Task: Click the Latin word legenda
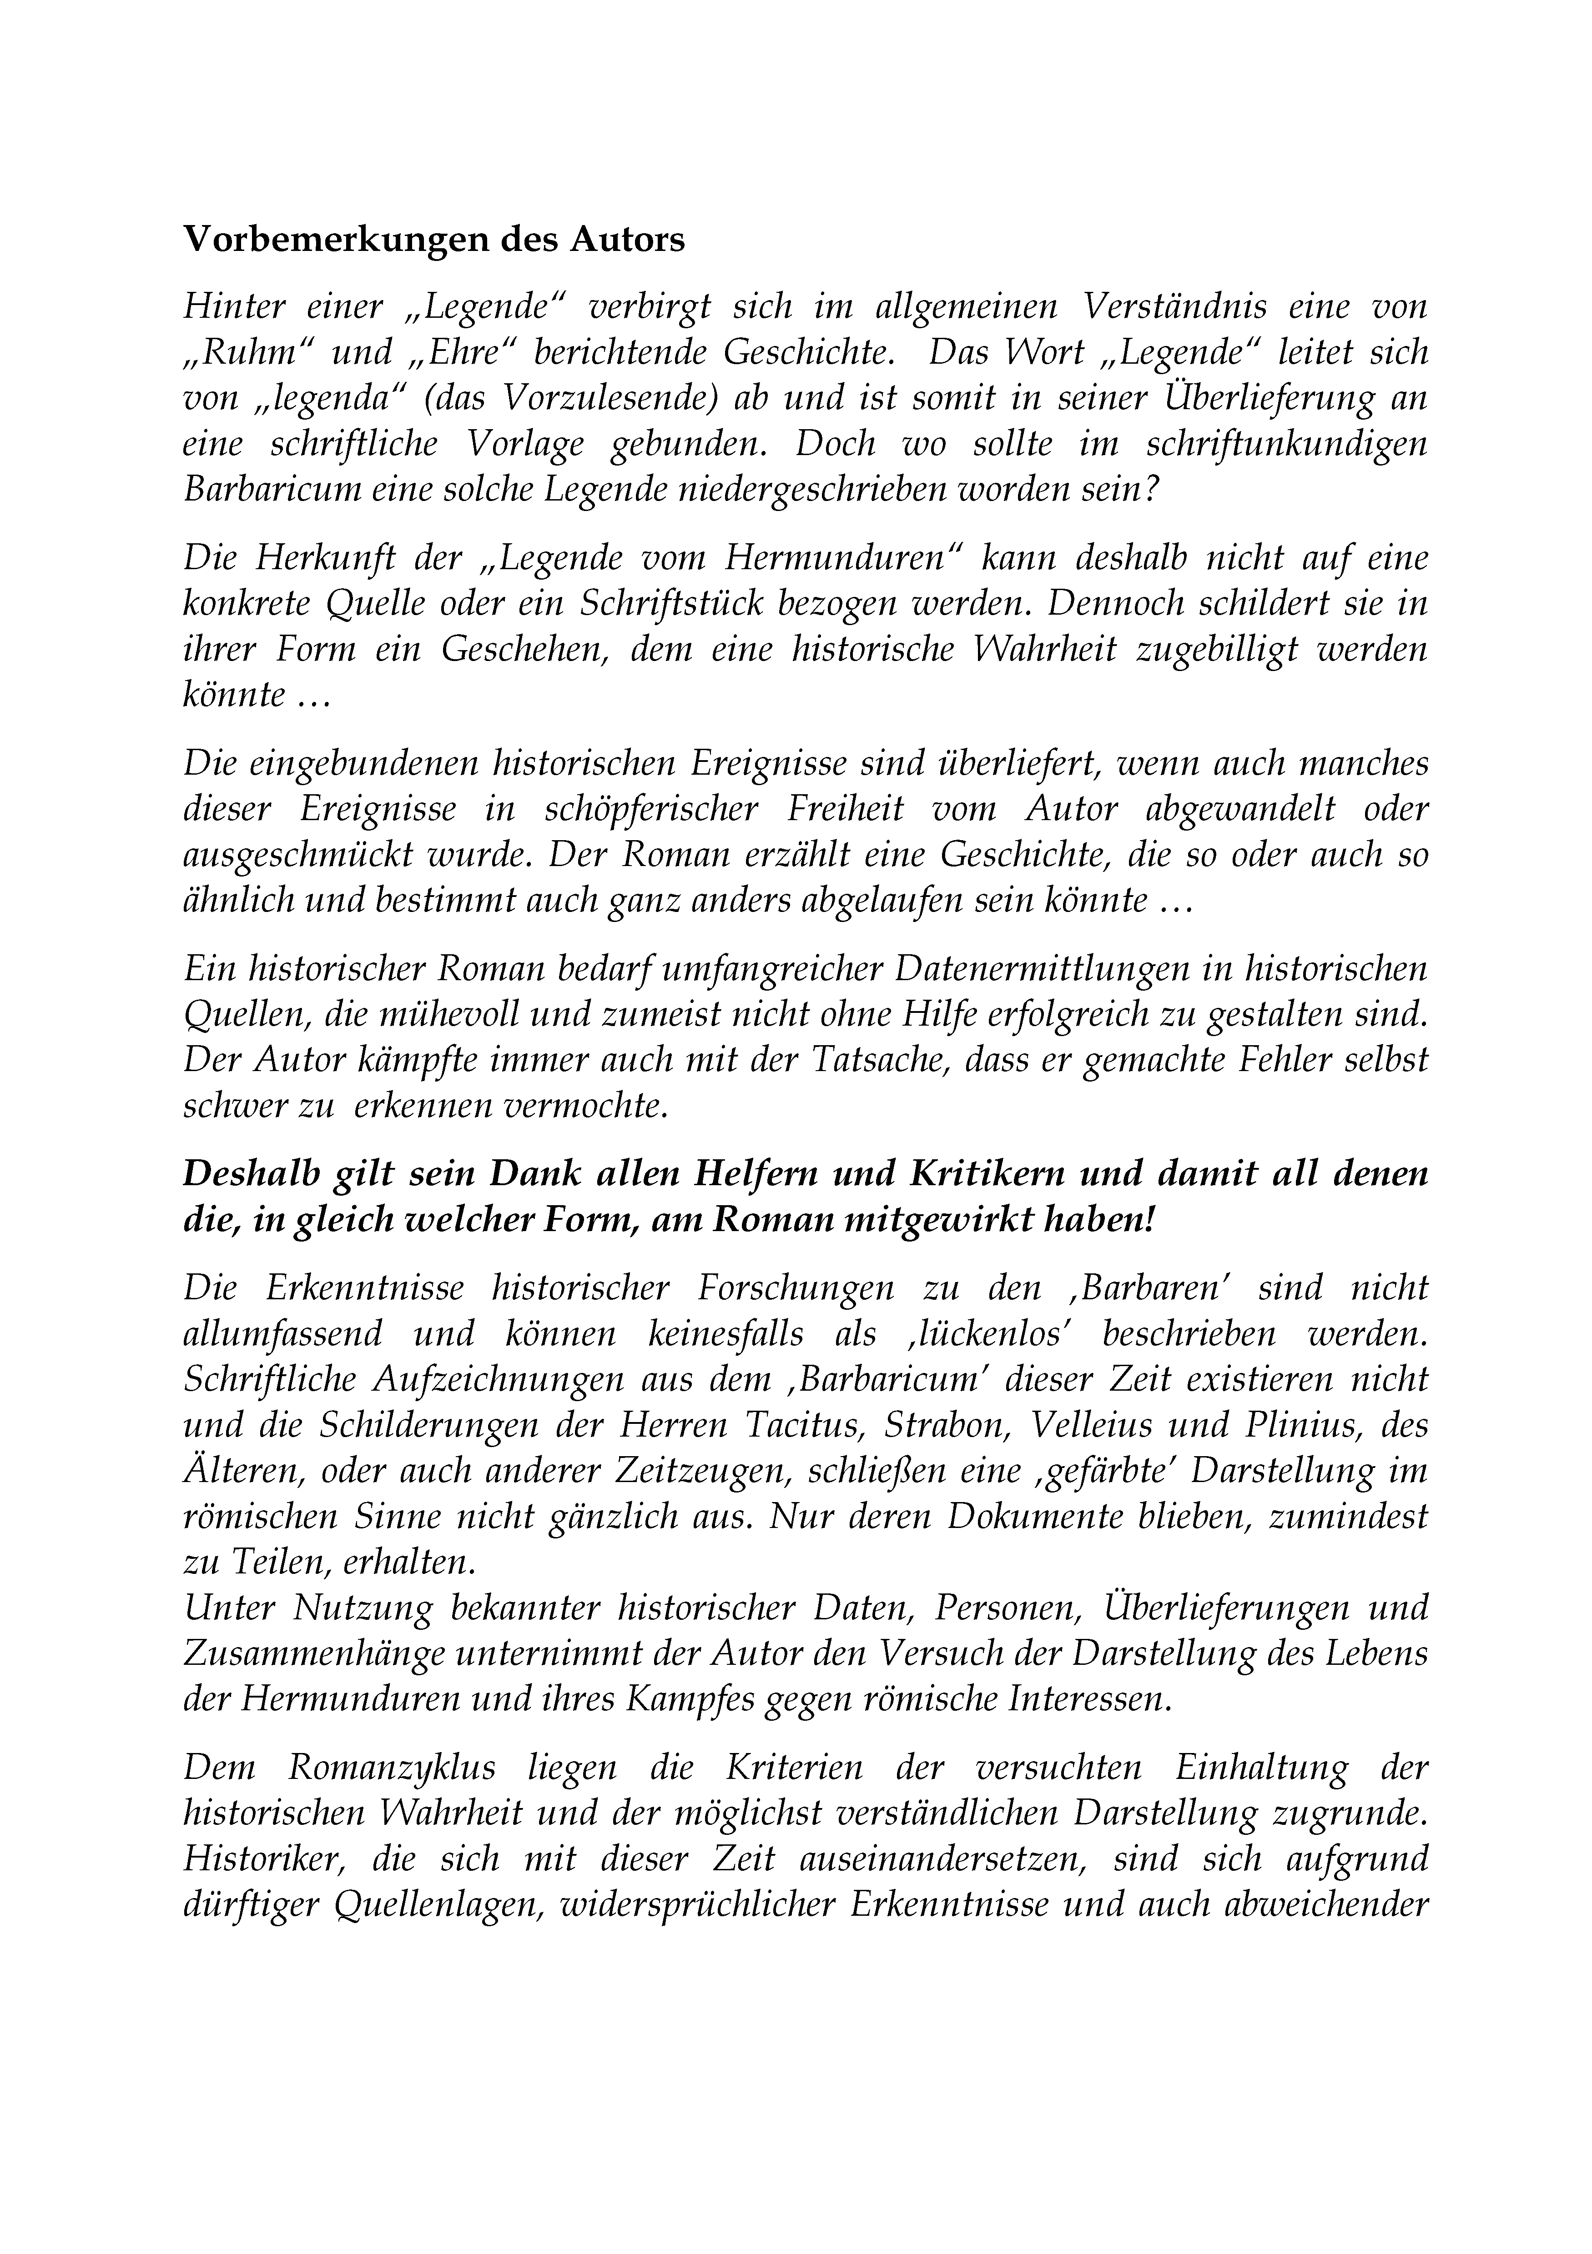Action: click(x=332, y=398)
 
